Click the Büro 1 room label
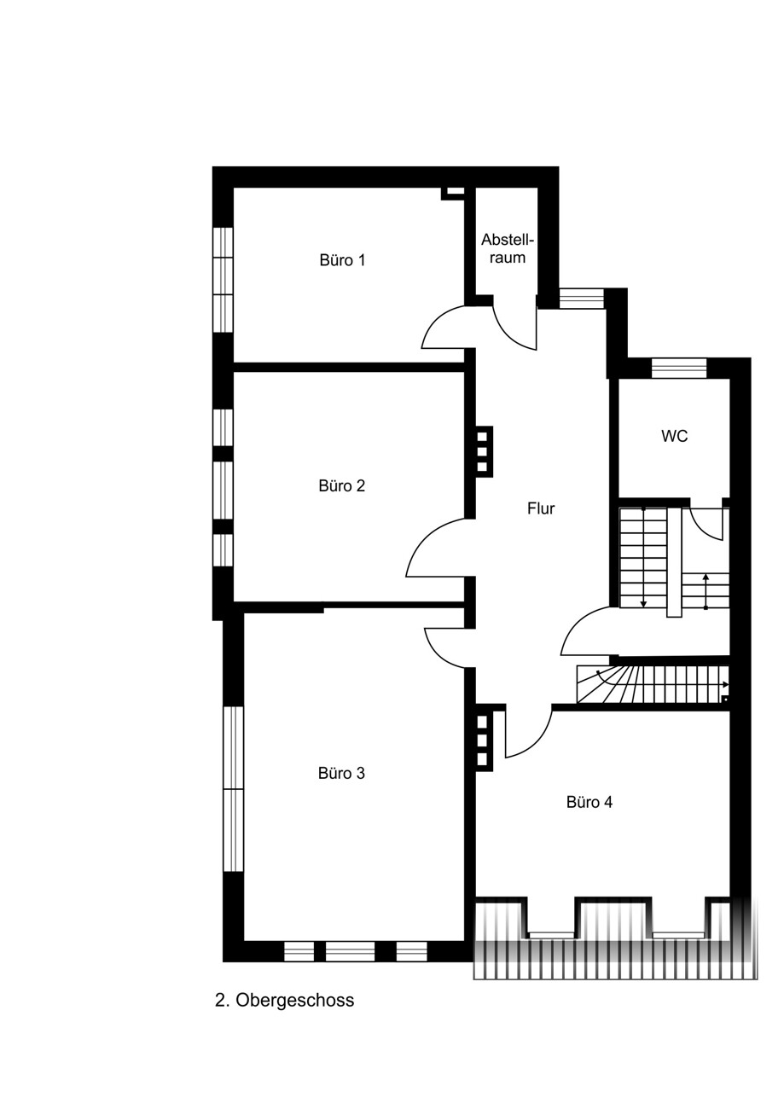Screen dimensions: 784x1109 342,260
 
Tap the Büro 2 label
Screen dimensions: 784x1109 341,486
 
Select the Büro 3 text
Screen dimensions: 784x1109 341,774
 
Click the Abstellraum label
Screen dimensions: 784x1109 508,249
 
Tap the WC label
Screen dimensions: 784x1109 674,436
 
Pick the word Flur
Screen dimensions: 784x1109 541,508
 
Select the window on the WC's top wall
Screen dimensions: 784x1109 678,368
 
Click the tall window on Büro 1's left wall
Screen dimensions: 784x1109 223,280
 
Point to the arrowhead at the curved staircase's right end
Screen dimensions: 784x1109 726,685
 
